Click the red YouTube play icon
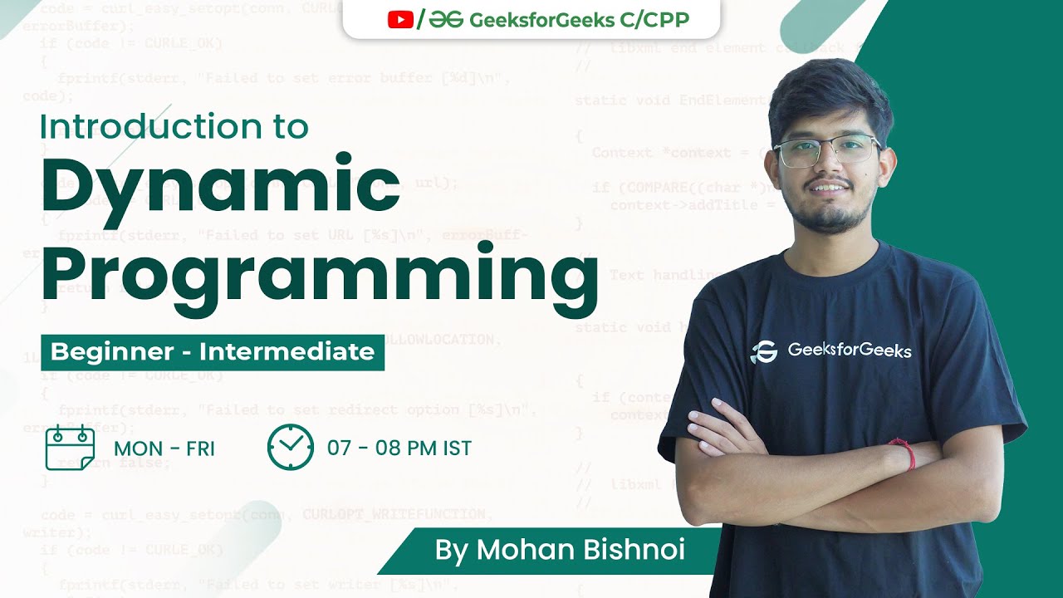tap(400, 20)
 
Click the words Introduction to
tap(174, 126)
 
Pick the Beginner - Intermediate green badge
tap(213, 351)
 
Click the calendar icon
tap(70, 448)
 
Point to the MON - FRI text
tap(164, 449)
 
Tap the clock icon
tap(291, 448)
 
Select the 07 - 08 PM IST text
tap(399, 448)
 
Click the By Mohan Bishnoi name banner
tap(548, 551)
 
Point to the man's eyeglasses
tap(826, 150)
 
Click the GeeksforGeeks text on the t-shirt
tap(849, 350)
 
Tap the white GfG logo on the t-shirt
tap(763, 351)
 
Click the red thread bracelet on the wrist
tap(904, 452)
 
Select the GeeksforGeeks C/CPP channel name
tap(579, 20)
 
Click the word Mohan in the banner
tap(528, 551)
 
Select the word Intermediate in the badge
tap(287, 351)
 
